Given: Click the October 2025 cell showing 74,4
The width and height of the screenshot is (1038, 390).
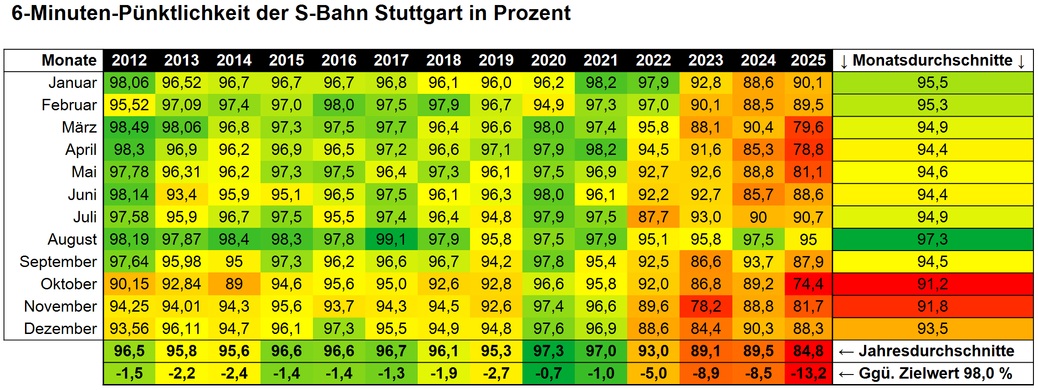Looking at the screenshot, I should pyautogui.click(x=808, y=284).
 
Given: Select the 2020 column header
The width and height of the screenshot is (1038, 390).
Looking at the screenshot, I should pyautogui.click(x=548, y=60).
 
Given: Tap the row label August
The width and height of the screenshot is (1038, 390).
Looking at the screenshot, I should pyautogui.click(x=72, y=239).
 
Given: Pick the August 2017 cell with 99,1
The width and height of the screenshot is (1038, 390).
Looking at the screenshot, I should pyautogui.click(x=391, y=239).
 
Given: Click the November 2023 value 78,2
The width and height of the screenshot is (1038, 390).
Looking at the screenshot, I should pyautogui.click(x=706, y=306).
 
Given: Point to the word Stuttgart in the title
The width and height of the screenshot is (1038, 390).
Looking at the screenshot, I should pyautogui.click(x=418, y=13).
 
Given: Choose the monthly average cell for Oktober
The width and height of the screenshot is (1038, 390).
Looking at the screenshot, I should pyautogui.click(x=932, y=284).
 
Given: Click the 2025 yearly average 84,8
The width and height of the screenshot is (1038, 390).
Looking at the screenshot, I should pyautogui.click(x=808, y=351).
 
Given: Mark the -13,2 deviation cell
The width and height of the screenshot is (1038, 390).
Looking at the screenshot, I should pyautogui.click(x=808, y=374).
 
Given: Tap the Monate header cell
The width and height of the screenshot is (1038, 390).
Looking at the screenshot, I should pyautogui.click(x=69, y=60).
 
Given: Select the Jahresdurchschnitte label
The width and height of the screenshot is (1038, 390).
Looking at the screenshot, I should pyautogui.click(x=936, y=351).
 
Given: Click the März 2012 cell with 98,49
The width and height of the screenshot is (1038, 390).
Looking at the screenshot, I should pyautogui.click(x=129, y=127).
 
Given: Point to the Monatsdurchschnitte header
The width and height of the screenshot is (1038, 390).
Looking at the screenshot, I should pyautogui.click(x=932, y=60).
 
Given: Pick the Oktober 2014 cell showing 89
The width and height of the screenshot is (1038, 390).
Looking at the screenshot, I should pyautogui.click(x=234, y=284).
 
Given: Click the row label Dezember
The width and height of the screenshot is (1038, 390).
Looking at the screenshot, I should pyautogui.click(x=60, y=328).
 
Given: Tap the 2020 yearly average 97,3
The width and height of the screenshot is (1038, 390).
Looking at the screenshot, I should pyautogui.click(x=548, y=351).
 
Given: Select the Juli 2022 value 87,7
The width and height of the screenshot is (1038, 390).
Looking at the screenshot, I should pyautogui.click(x=653, y=217).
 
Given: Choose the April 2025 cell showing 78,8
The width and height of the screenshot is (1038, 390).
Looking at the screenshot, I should pyautogui.click(x=808, y=149).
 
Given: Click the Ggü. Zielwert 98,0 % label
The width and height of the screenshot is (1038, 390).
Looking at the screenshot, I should pyautogui.click(x=935, y=374).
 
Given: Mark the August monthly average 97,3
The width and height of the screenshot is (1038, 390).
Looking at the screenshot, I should pyautogui.click(x=932, y=239).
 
